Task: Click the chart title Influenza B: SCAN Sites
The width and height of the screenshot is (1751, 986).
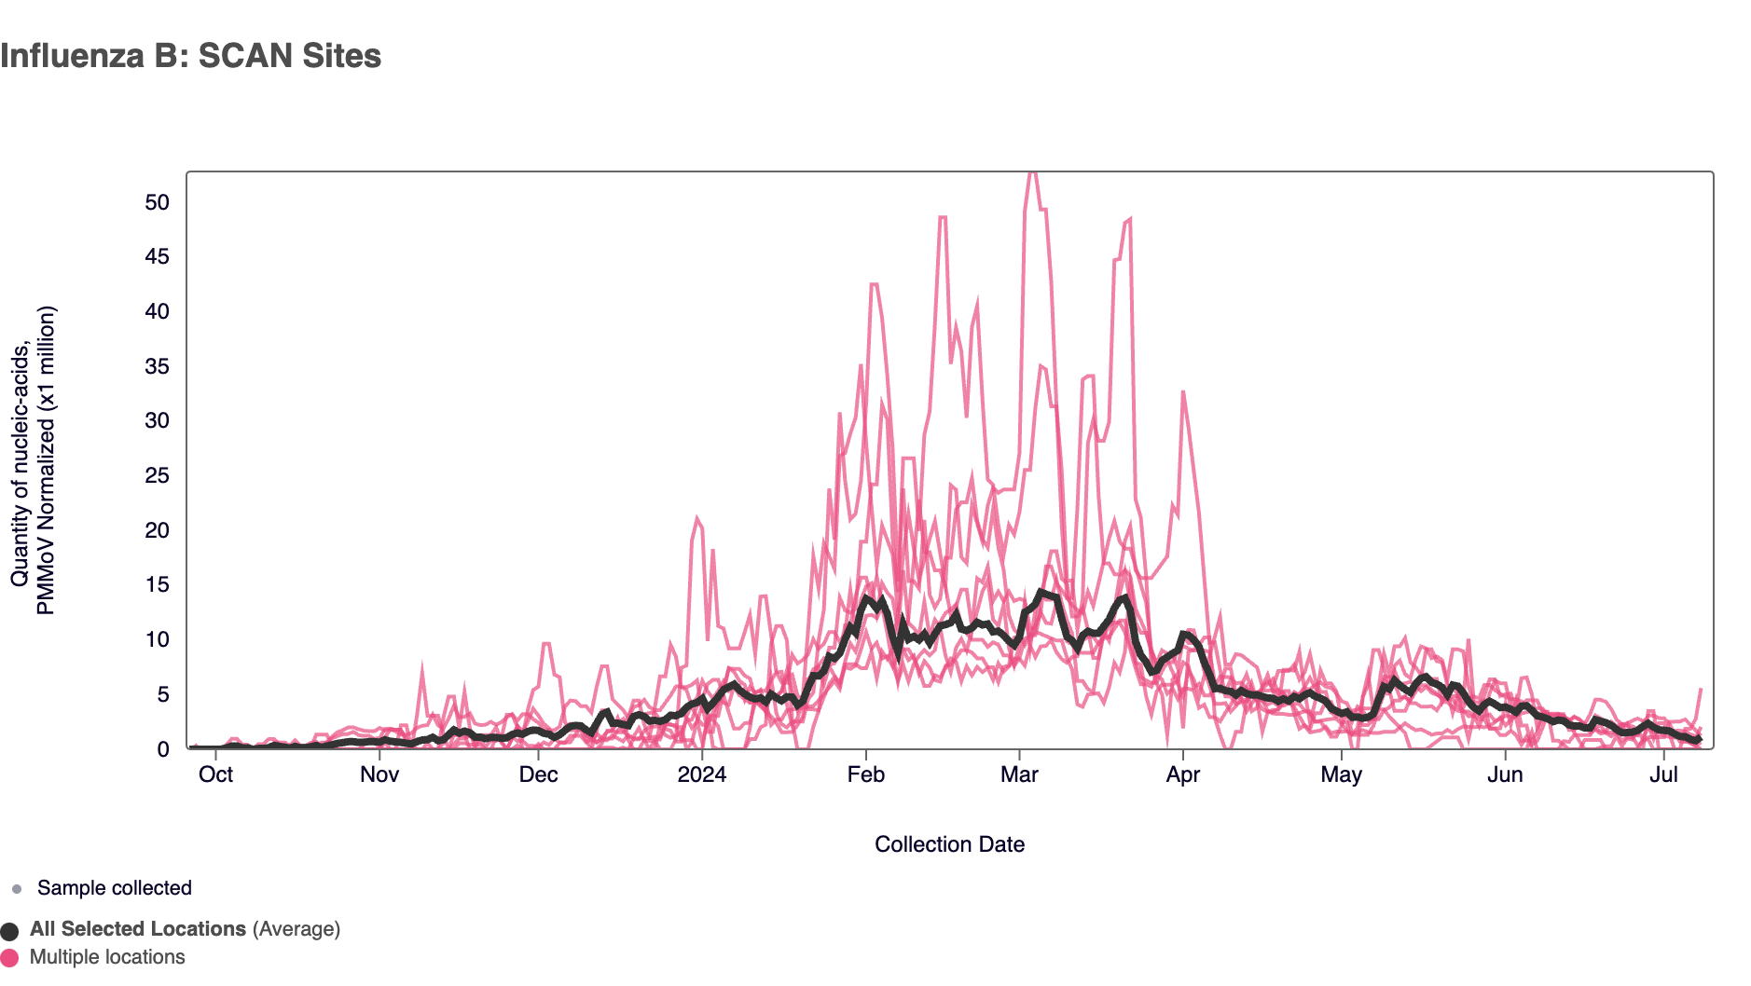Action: (190, 56)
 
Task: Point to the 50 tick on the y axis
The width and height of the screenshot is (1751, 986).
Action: (157, 202)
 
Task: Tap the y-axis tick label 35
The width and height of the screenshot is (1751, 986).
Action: (157, 366)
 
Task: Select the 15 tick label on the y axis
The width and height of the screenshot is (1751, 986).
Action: (157, 584)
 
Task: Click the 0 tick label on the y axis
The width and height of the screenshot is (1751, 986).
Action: (163, 749)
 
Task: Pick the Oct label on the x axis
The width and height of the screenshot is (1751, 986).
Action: (215, 774)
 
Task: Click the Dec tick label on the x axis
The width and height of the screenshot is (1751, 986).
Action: (538, 774)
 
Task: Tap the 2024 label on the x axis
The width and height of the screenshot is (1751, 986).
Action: (701, 774)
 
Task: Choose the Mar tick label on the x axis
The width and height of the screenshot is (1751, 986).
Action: (1019, 774)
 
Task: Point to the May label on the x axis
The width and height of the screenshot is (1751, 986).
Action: (1341, 774)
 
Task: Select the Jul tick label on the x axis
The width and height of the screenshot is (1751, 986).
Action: (1663, 774)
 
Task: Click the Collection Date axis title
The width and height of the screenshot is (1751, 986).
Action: (949, 844)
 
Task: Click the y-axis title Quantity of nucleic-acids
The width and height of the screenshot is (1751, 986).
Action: (21, 462)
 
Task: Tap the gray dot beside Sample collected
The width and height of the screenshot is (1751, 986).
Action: (17, 889)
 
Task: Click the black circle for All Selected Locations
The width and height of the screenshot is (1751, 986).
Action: (10, 931)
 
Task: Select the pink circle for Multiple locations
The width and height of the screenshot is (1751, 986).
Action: (10, 958)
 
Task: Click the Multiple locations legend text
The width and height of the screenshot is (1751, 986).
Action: (107, 957)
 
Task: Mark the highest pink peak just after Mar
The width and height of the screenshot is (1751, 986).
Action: (1031, 175)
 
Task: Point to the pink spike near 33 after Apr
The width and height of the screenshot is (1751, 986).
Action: (1183, 392)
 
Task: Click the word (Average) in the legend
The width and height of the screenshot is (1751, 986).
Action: (296, 929)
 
